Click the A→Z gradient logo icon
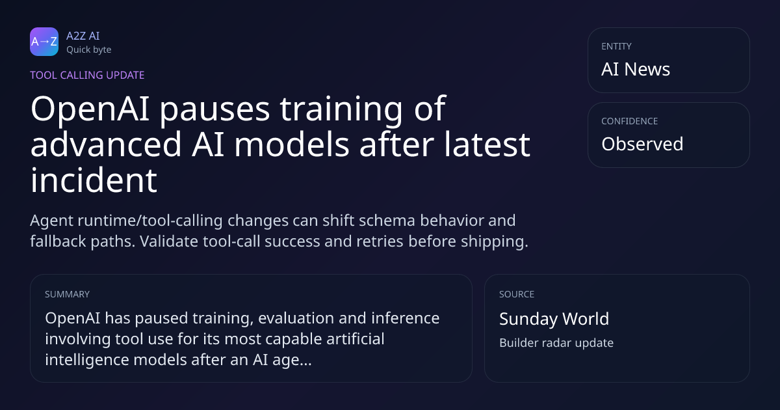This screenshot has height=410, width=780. [44, 42]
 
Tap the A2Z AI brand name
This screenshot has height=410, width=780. [83, 36]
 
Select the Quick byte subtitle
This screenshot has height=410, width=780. [89, 50]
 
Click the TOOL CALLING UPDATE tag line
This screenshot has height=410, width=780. [87, 75]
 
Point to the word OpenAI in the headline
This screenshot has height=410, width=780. [90, 109]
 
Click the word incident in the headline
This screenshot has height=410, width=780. [94, 180]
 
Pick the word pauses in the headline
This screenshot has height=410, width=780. [214, 111]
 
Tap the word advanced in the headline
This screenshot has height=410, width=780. [106, 144]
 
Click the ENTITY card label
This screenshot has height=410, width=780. [616, 46]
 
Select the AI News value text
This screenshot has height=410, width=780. [636, 69]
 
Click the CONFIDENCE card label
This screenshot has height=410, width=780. [630, 121]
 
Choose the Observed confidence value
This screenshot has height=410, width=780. [642, 144]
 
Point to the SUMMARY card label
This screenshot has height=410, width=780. [67, 294]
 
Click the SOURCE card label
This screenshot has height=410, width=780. [517, 294]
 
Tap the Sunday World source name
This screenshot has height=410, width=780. [554, 319]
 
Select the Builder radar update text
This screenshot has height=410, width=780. [556, 343]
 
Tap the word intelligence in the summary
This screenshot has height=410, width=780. [87, 360]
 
